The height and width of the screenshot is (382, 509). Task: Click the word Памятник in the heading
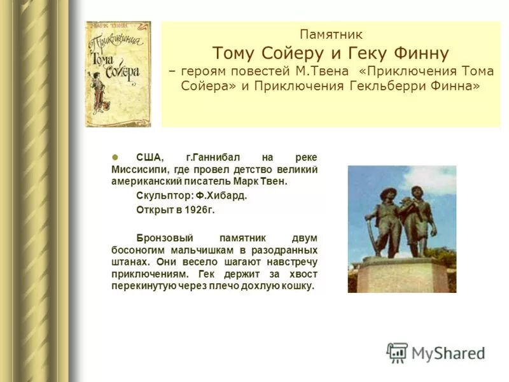tap(331, 35)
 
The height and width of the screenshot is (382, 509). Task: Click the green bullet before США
tap(115, 157)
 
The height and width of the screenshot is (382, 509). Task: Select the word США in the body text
tap(149, 157)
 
